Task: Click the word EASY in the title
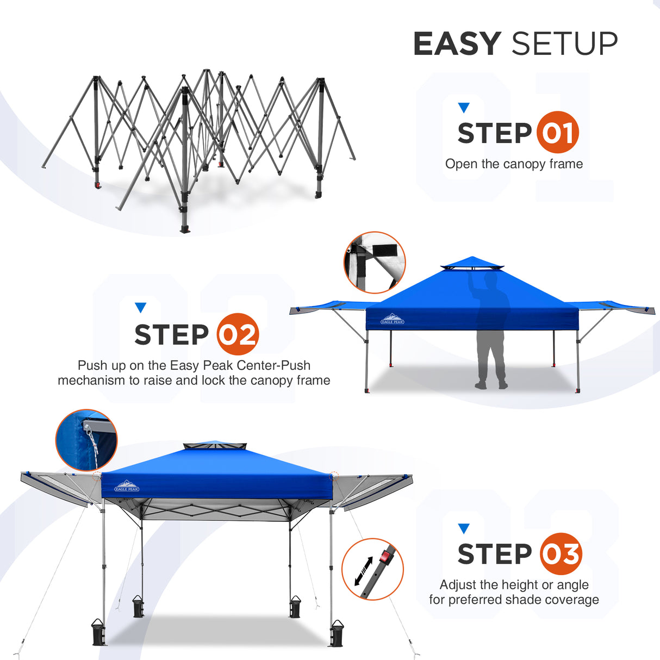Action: pos(457,44)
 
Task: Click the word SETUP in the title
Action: pos(564,44)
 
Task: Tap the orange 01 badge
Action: pos(557,133)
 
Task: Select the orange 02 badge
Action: pos(238,334)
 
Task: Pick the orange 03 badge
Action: pos(561,554)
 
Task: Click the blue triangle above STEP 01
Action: pos(463,108)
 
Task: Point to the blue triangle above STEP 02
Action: pos(140,308)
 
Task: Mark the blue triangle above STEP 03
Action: pos(463,528)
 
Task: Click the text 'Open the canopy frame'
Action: pos(514,164)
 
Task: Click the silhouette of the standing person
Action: pos(490,332)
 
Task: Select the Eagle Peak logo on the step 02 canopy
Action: pos(392,319)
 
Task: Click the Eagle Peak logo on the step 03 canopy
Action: pos(127,486)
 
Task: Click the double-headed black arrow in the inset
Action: pos(363,571)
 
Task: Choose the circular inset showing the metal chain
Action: pos(86,439)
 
